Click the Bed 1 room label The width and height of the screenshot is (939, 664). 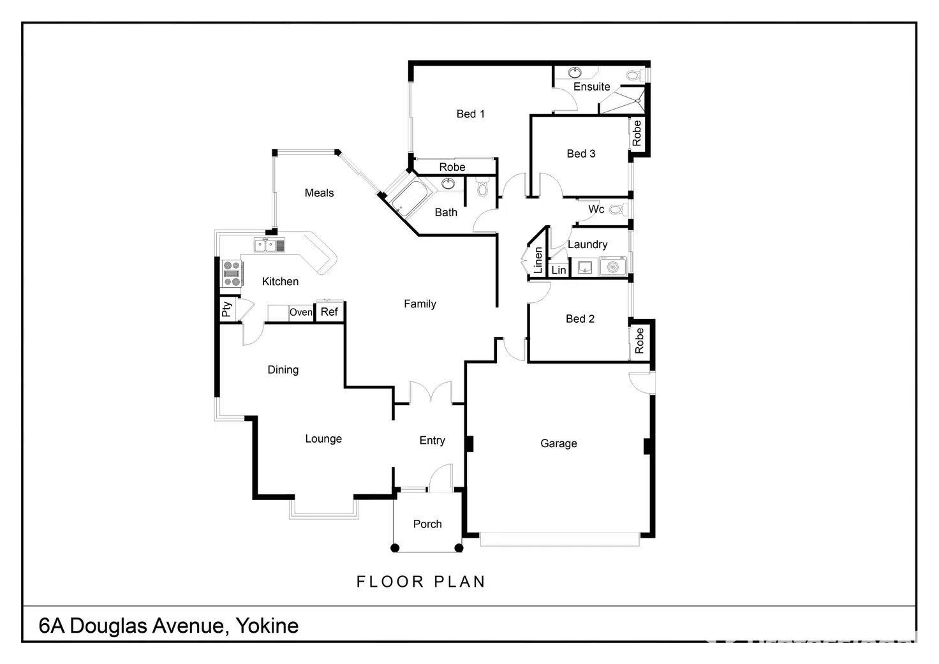point(470,114)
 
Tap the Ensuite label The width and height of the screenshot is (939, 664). point(591,87)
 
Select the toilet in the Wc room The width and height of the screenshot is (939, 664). point(616,209)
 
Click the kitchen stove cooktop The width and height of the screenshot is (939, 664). point(232,273)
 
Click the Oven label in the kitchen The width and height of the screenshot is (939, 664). point(301,313)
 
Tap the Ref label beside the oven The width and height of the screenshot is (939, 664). point(329,312)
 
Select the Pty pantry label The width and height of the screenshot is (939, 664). point(226,310)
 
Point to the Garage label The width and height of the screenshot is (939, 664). point(558,443)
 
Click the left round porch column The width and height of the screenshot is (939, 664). point(395,548)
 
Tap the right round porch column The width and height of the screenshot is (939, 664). point(458,548)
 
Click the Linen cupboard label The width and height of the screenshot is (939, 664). point(538,260)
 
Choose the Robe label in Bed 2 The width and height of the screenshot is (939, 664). point(639,341)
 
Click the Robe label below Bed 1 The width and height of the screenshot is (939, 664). point(452,167)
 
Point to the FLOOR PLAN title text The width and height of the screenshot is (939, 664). point(420,582)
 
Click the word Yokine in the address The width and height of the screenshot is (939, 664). point(267,626)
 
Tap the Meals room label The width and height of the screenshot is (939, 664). point(319,193)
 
